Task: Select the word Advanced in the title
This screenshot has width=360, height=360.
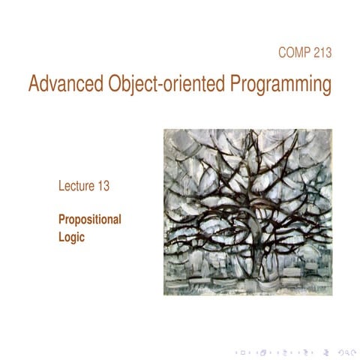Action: pos(61,85)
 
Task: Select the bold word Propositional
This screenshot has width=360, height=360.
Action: pos(90,221)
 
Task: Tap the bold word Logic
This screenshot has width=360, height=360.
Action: pos(73,239)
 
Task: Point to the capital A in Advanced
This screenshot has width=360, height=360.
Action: pos(34,85)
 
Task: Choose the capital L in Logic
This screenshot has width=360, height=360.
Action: pos(61,239)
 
